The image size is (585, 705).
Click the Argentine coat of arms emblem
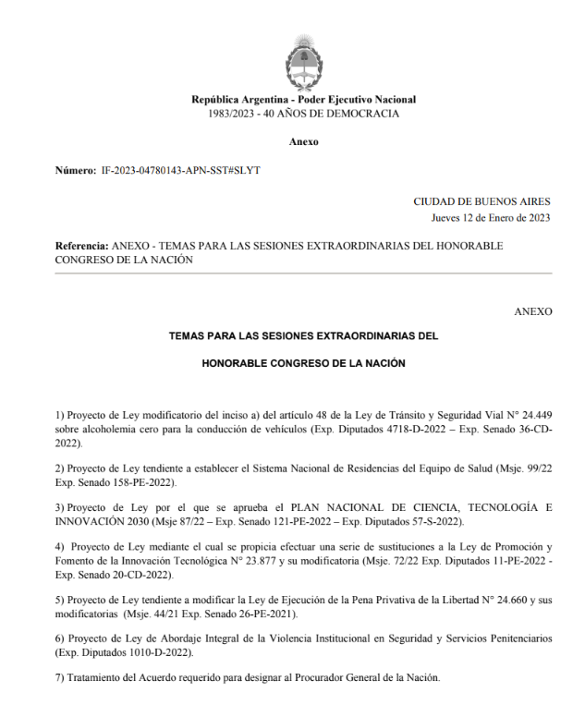303,61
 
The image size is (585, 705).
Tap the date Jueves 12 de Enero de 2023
491,218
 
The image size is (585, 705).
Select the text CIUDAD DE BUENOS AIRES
482,201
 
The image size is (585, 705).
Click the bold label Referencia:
81,247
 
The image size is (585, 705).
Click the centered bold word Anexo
303,142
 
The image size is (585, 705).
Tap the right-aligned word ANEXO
533,312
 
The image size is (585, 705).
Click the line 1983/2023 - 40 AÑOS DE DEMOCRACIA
303,114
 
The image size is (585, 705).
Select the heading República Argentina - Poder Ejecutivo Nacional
303,100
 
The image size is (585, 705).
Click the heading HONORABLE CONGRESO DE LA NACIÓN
303,364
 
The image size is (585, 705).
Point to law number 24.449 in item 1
532,415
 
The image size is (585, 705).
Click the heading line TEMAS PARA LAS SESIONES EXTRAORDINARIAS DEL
303,337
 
